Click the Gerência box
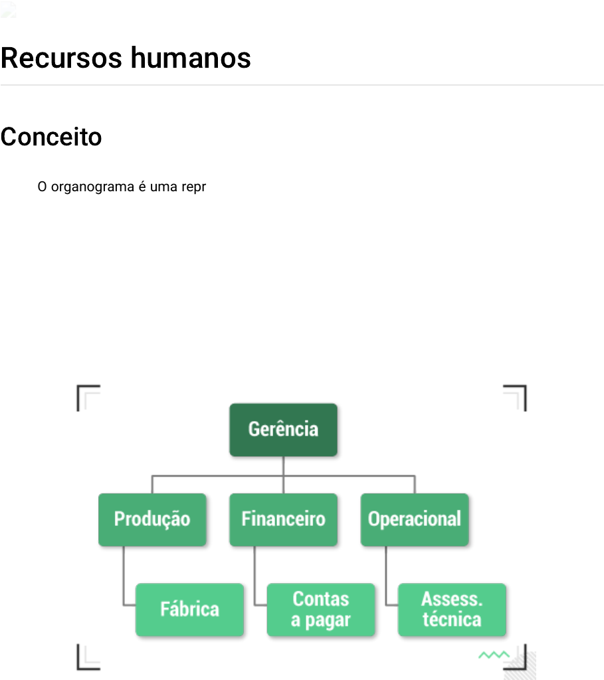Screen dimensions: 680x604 (283, 430)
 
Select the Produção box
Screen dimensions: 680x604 (152, 519)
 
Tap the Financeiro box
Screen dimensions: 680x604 (283, 519)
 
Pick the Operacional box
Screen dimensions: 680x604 (415, 519)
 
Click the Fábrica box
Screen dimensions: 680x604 (189, 610)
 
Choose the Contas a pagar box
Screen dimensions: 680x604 (321, 610)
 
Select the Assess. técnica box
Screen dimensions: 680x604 (452, 610)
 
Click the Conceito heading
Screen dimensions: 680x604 (51, 137)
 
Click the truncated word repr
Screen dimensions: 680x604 (193, 187)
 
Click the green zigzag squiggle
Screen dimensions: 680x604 (494, 655)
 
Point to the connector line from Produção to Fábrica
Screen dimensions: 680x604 (124, 578)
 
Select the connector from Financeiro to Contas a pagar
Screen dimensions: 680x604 (255, 578)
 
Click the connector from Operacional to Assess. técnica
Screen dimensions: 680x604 (386, 578)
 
